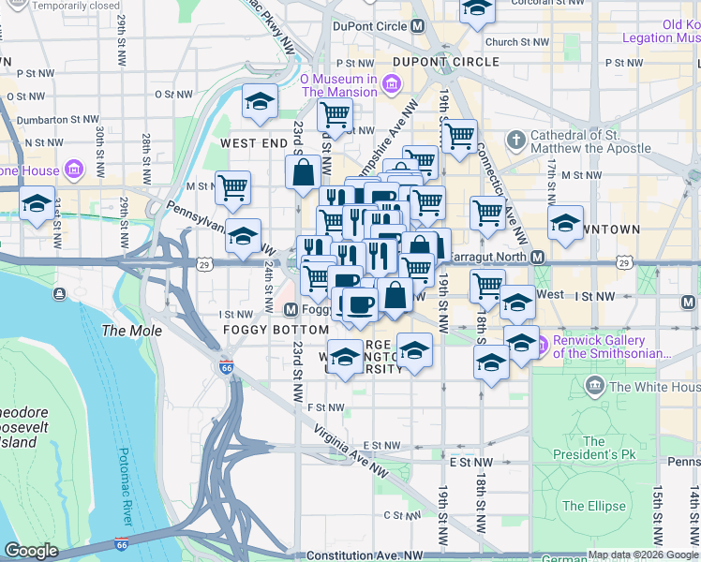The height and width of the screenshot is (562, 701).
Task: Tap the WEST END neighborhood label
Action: [x=254, y=143]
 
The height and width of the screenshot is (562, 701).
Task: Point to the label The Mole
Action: [x=131, y=331]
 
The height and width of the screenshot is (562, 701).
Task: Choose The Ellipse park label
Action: [x=593, y=506]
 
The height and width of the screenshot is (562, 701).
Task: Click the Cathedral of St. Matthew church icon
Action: [x=515, y=141]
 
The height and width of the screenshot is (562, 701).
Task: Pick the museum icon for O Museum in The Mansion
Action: [x=390, y=85]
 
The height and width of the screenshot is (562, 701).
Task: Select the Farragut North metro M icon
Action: [x=537, y=257]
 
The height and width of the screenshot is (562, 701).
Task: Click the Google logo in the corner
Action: [x=31, y=551]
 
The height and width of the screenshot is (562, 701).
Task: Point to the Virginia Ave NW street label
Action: [x=350, y=451]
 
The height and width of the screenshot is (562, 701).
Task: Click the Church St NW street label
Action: [x=516, y=42]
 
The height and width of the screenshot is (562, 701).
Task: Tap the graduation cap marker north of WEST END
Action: [x=259, y=102]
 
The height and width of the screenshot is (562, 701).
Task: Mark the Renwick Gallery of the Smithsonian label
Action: [x=612, y=347]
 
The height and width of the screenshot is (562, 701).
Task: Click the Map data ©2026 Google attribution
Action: [x=642, y=555]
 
